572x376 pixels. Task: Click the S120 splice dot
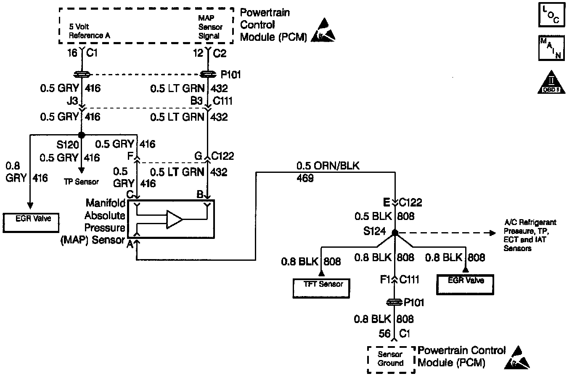tap(82, 135)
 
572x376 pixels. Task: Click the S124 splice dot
tap(395, 233)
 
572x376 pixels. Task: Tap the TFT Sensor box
tap(323, 287)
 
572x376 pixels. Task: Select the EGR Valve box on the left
tap(30, 222)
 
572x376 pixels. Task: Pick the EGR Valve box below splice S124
tap(465, 284)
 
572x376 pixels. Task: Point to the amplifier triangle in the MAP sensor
tap(174, 220)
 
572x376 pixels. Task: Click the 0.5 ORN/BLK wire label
tap(328, 166)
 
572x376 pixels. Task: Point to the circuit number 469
tap(305, 178)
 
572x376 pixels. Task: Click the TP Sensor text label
tap(81, 182)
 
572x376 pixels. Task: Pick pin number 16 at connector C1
tap(72, 53)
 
